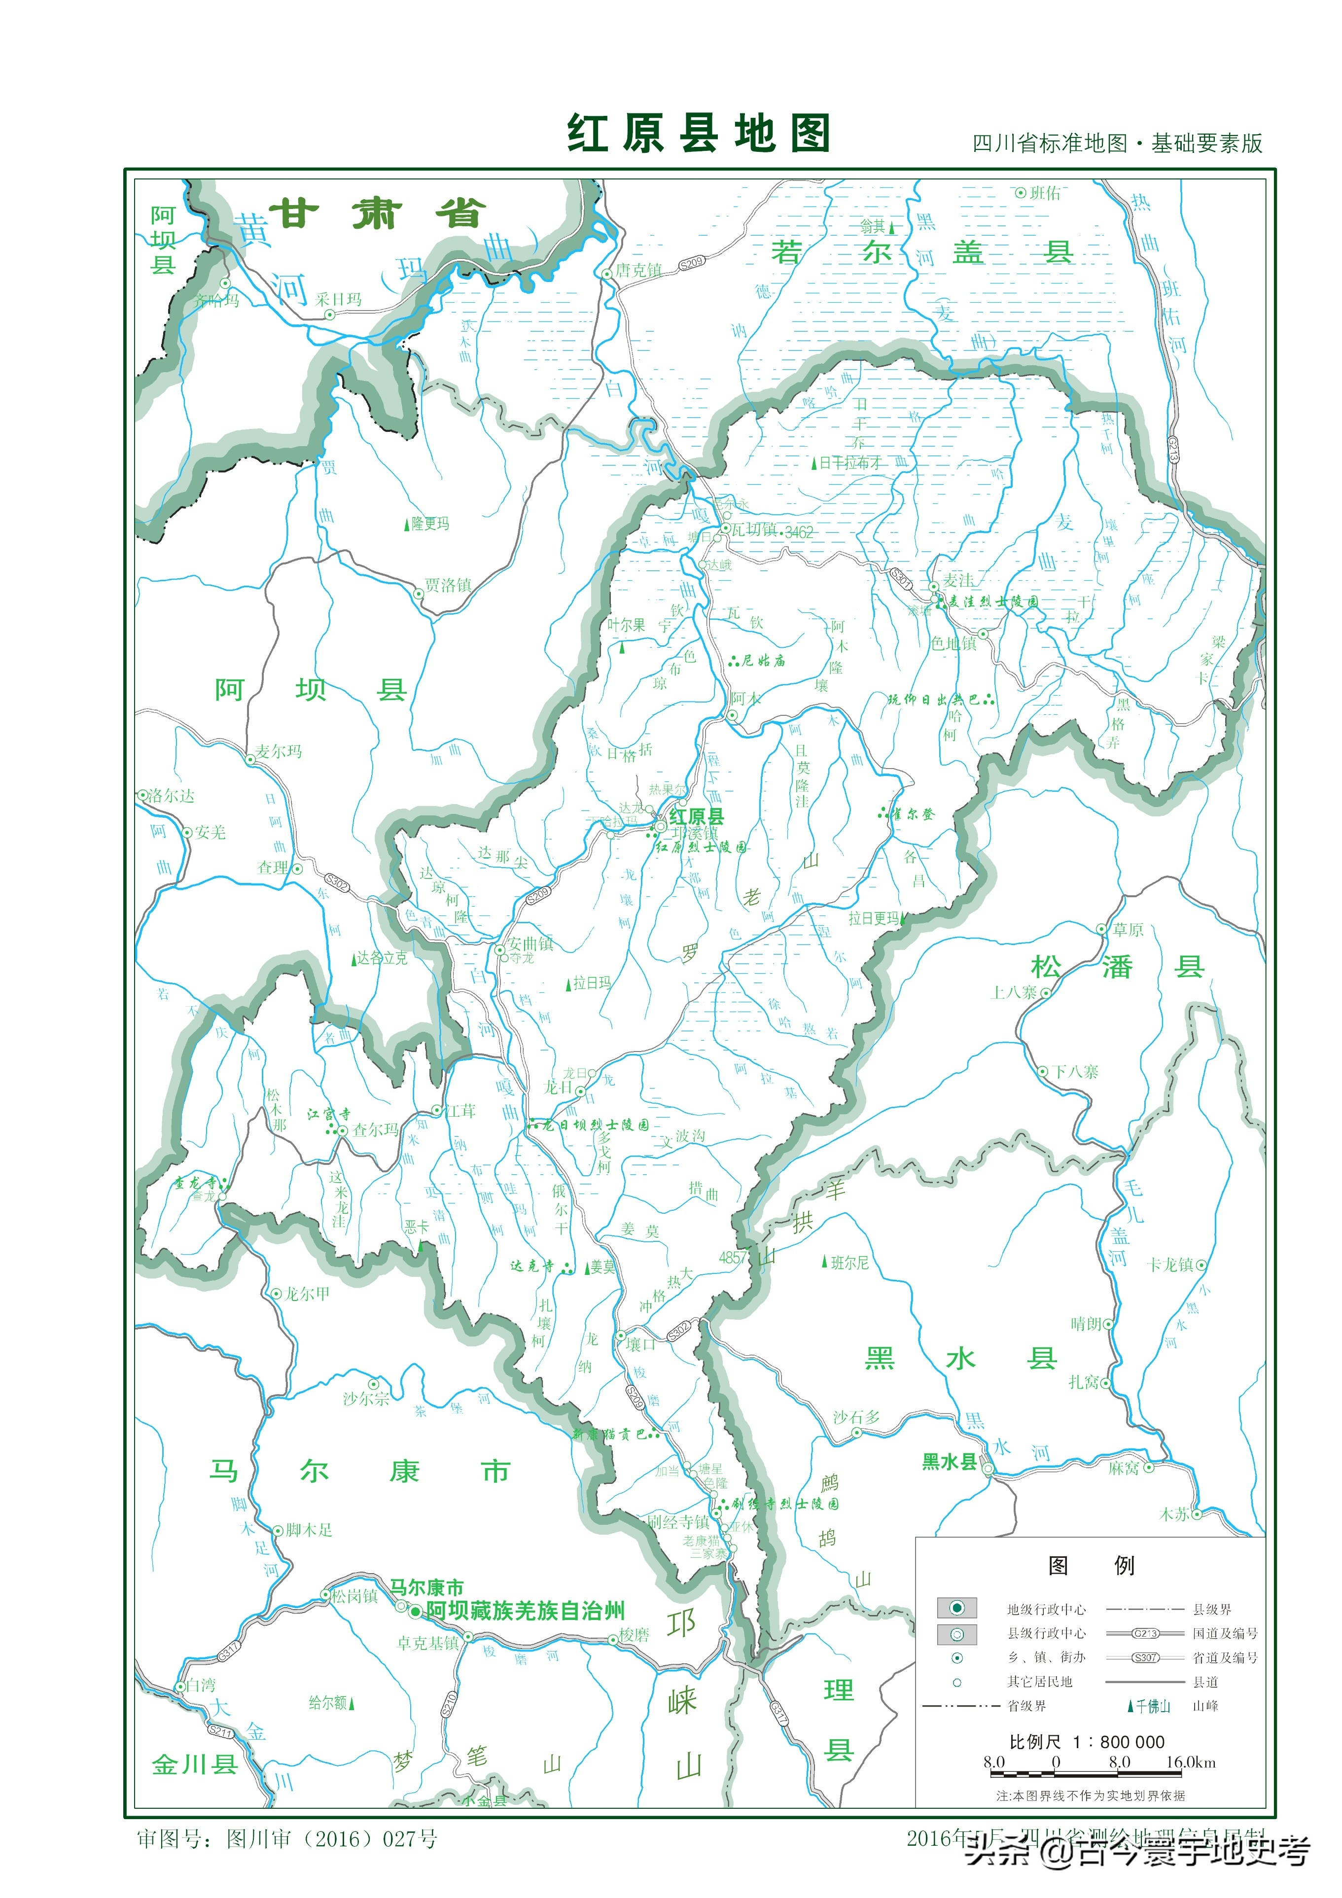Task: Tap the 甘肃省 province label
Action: coord(377,214)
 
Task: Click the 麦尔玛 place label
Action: coord(278,751)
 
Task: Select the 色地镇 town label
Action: coord(954,643)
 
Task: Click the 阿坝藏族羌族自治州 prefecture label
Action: coord(525,1610)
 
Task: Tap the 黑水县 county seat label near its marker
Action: coord(949,1462)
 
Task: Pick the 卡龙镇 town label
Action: coord(1170,1265)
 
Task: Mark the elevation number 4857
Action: coord(733,1257)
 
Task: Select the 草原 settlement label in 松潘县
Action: coord(1128,929)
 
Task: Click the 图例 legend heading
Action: coord(1090,1565)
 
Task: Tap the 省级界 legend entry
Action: coord(1026,1705)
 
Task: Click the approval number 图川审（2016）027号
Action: coord(331,1838)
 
